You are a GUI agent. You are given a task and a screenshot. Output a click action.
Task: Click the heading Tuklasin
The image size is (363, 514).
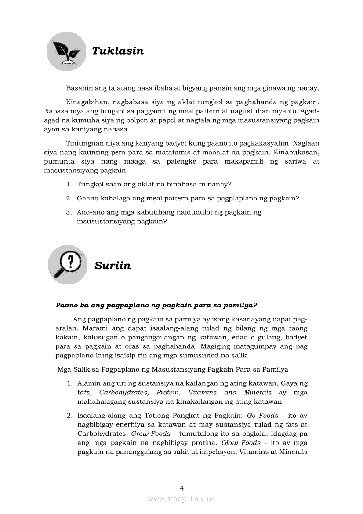pyautogui.click(x=118, y=51)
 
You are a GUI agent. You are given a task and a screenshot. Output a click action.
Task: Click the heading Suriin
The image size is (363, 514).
pyautogui.click(x=113, y=266)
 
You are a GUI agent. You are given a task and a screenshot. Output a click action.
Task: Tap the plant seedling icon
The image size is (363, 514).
pyautogui.click(x=66, y=51)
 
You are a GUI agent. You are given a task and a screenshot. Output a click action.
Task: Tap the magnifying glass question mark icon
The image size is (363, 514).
pyautogui.click(x=67, y=265)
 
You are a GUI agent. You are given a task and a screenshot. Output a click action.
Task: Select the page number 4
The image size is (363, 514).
pyautogui.click(x=181, y=488)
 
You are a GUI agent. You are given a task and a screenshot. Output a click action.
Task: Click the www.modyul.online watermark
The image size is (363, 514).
pyautogui.click(x=181, y=499)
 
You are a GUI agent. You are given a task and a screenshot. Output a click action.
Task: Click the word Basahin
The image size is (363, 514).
pyautogui.click(x=78, y=88)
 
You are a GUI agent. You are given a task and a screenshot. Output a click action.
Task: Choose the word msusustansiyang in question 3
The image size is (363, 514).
pyautogui.click(x=105, y=221)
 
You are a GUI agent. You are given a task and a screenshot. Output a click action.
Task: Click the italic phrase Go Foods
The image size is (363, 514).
pyautogui.click(x=262, y=415)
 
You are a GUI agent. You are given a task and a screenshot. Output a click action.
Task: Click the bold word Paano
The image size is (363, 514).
pyautogui.click(x=65, y=304)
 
